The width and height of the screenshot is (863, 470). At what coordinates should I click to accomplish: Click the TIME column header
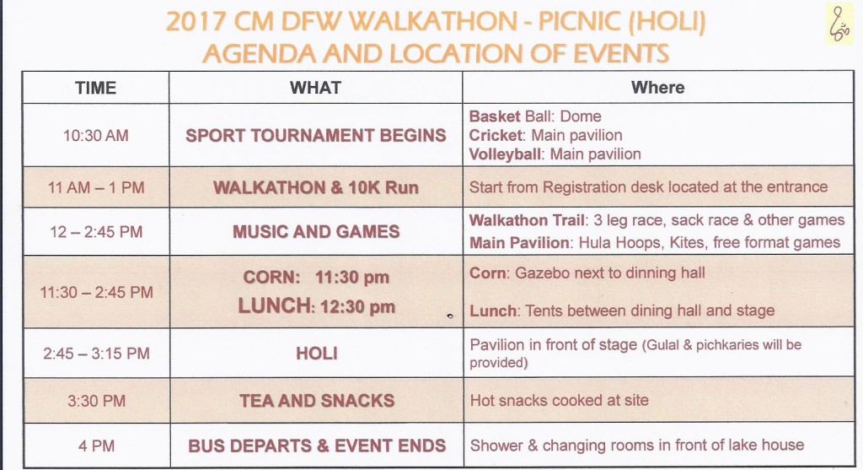pyautogui.click(x=96, y=88)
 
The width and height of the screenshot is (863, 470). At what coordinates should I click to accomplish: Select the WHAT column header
pyautogui.click(x=315, y=88)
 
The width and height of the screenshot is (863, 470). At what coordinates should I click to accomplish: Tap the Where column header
pyautogui.click(x=657, y=87)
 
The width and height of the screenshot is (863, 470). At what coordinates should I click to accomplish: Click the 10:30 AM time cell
pyautogui.click(x=96, y=136)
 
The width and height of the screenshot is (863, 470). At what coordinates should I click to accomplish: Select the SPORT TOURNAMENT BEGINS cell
pyautogui.click(x=315, y=136)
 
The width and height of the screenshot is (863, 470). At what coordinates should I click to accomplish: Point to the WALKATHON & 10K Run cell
pyautogui.click(x=315, y=187)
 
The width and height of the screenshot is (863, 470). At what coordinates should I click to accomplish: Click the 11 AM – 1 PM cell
pyautogui.click(x=96, y=188)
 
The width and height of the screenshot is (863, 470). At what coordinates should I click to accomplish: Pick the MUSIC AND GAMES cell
pyautogui.click(x=316, y=231)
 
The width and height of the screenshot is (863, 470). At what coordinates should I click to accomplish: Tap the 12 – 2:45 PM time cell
pyautogui.click(x=96, y=232)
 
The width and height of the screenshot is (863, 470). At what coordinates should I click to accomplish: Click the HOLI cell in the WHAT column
pyautogui.click(x=317, y=354)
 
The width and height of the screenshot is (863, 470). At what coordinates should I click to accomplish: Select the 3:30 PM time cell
pyautogui.click(x=96, y=401)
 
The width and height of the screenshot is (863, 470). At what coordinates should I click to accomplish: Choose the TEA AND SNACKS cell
pyautogui.click(x=317, y=401)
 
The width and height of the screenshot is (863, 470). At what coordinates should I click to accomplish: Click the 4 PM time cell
pyautogui.click(x=96, y=446)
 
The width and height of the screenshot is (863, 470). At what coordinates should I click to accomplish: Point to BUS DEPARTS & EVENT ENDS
pyautogui.click(x=317, y=446)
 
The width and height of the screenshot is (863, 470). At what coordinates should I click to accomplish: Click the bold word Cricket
pyautogui.click(x=496, y=135)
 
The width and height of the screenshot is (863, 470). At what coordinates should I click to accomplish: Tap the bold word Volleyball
pyautogui.click(x=505, y=154)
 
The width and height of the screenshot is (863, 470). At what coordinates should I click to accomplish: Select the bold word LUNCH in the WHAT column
pyautogui.click(x=276, y=305)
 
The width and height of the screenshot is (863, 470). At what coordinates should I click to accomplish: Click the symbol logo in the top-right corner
pyautogui.click(x=839, y=23)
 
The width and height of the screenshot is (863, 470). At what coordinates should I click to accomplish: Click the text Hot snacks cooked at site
pyautogui.click(x=560, y=400)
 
